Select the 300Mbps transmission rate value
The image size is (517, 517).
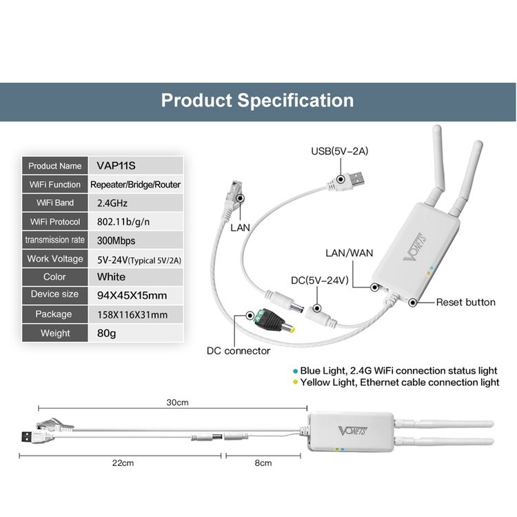pyautogui.click(x=116, y=241)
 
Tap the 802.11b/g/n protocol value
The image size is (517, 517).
pyautogui.click(x=123, y=221)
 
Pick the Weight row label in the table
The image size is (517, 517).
pyautogui.click(x=55, y=333)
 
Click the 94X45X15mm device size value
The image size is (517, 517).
pyautogui.click(x=132, y=296)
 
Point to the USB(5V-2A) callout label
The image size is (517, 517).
pyautogui.click(x=340, y=151)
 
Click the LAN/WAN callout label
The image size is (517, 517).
pyautogui.click(x=349, y=253)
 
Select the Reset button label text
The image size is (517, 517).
pyautogui.click(x=465, y=302)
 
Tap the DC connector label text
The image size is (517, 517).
pyautogui.click(x=239, y=351)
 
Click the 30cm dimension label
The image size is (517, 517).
pyautogui.click(x=177, y=403)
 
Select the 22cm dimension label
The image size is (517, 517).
pyautogui.click(x=123, y=463)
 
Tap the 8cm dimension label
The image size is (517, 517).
pyautogui.click(x=263, y=463)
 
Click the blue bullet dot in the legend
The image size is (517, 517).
pyautogui.click(x=296, y=371)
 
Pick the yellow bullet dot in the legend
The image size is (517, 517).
pyautogui.click(x=296, y=382)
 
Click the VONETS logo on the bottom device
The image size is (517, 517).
pyautogui.click(x=353, y=431)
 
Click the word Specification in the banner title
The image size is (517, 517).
pyautogui.click(x=295, y=101)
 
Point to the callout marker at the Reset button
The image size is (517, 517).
pyautogui.click(x=412, y=302)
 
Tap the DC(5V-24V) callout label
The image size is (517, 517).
pyautogui.click(x=319, y=281)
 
